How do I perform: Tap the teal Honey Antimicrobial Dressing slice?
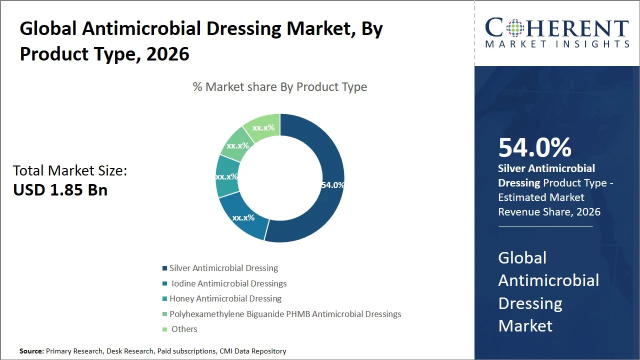(226, 176)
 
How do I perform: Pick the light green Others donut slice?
(264, 128)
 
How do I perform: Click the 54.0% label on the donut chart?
(332, 185)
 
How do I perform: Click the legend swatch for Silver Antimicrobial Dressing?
(164, 268)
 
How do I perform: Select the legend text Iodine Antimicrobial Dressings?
(229, 283)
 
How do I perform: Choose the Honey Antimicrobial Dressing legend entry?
(225, 298)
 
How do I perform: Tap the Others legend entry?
(184, 329)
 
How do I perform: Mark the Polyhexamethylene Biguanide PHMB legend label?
(285, 314)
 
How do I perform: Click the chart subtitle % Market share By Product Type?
(280, 87)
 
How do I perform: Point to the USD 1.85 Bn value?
(60, 190)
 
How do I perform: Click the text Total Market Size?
(70, 171)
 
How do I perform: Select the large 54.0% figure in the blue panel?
(535, 148)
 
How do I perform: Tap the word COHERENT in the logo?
(557, 28)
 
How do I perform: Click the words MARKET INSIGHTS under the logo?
(557, 44)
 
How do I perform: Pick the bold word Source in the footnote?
(32, 351)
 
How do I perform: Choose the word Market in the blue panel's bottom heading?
(525, 326)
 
